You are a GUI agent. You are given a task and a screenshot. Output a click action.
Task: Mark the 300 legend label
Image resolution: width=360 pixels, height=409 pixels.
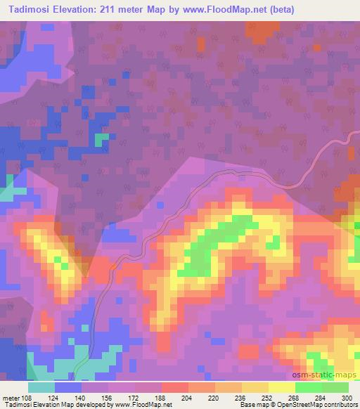[347, 398]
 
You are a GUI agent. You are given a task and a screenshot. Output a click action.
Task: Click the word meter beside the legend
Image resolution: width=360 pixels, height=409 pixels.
[10, 398]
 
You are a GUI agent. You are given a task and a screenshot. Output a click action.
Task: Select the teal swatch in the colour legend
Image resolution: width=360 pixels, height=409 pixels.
[41, 387]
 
